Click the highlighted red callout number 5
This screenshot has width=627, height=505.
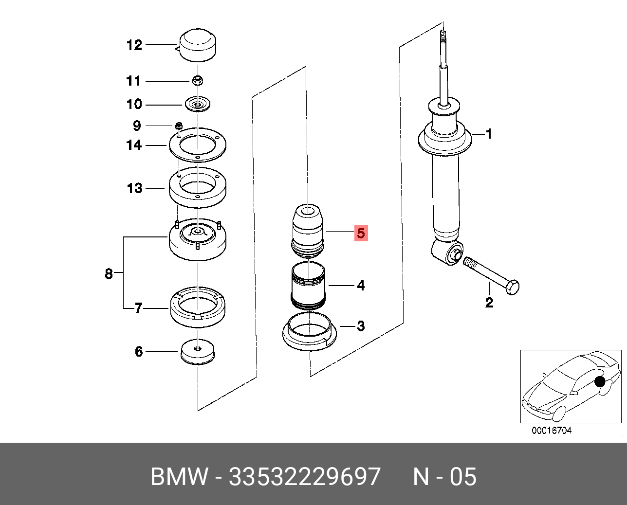[361, 233]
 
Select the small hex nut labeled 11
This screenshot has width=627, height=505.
[198, 81]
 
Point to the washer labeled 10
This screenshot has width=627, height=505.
[198, 105]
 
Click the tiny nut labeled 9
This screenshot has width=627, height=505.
[178, 125]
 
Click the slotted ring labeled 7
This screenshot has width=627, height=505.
[198, 309]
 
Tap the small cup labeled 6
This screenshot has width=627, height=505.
[198, 352]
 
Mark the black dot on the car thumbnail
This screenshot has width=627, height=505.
[600, 382]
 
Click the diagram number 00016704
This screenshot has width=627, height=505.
[551, 430]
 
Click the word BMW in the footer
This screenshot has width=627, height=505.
[179, 476]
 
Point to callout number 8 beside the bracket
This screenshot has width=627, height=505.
[109, 273]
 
